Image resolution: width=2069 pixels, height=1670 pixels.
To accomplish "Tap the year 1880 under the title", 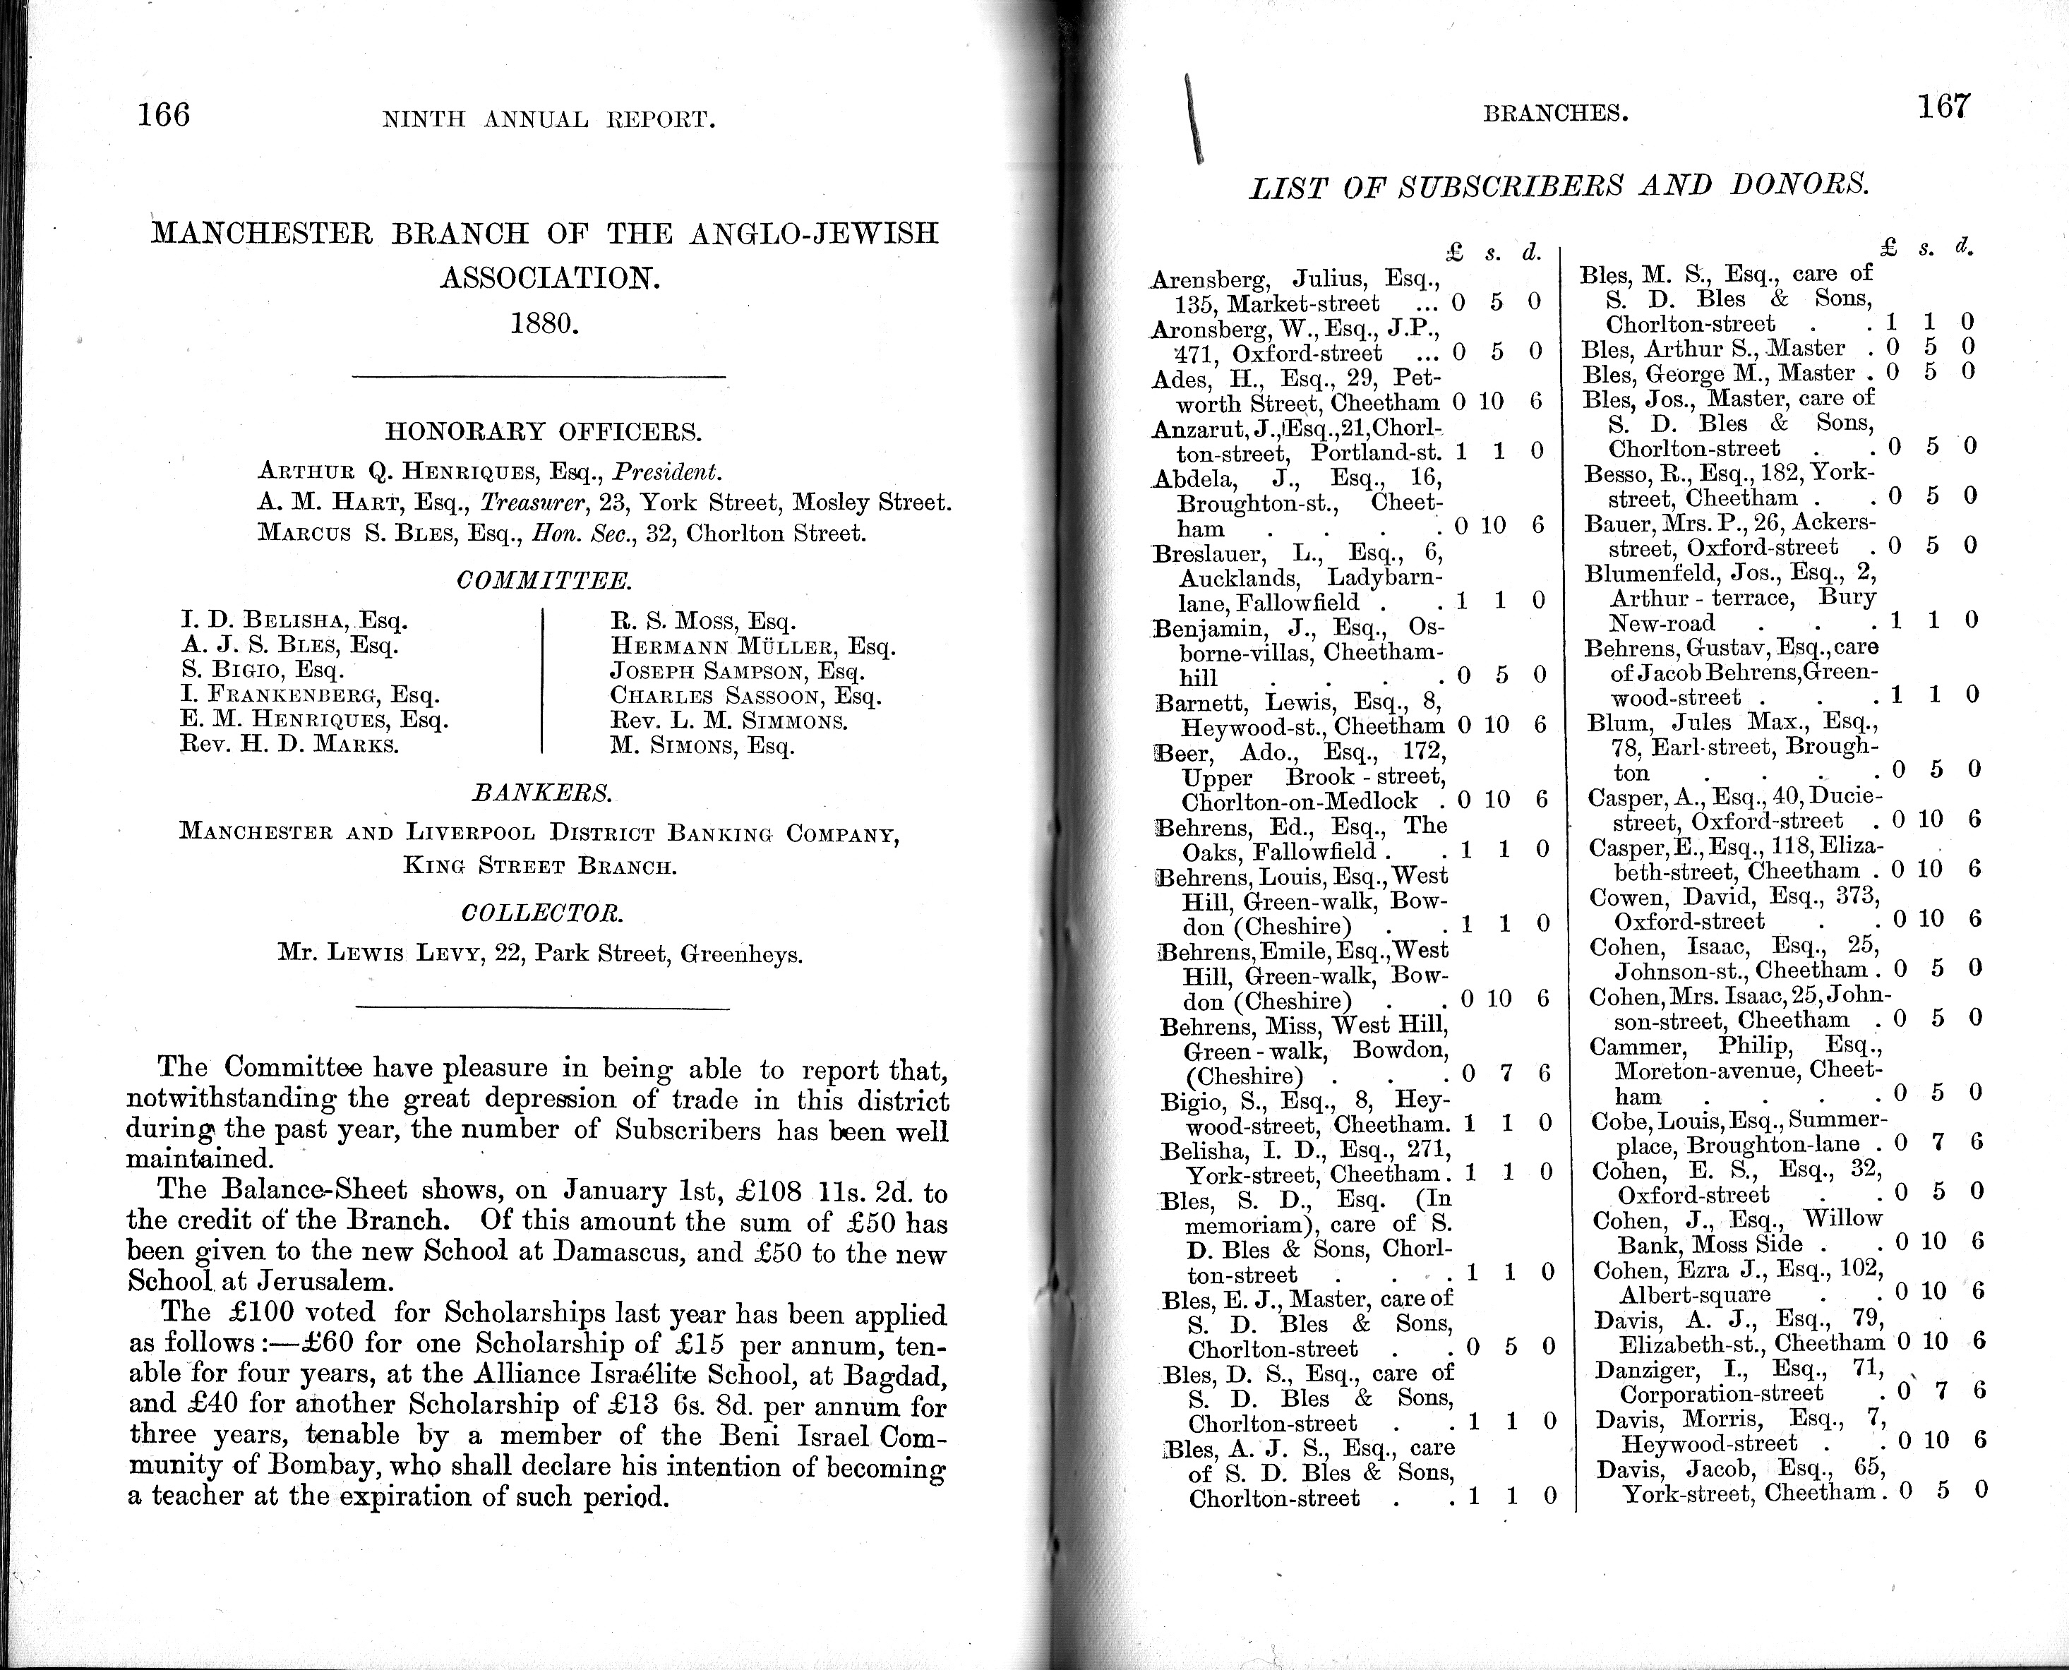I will click(x=544, y=323).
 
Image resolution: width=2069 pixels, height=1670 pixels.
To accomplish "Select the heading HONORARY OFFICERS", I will click(x=544, y=431).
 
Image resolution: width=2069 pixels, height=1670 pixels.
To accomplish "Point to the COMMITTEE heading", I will click(x=544, y=581).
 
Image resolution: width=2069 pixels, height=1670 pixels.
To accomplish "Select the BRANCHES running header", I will click(x=1554, y=114).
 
